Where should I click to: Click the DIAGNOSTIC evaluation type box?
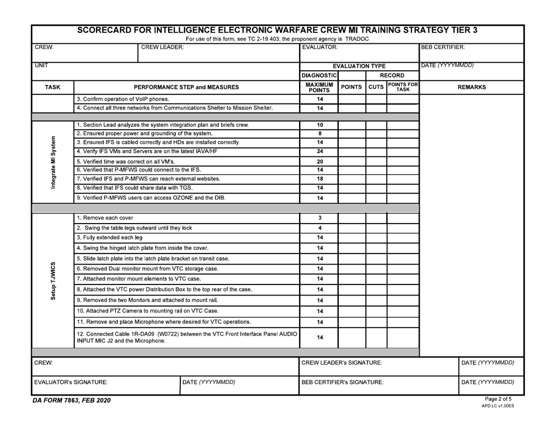tap(319, 75)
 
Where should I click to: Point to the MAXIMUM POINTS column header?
tap(319, 87)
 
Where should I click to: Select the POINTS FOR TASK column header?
tap(403, 87)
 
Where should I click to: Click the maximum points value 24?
tap(319, 152)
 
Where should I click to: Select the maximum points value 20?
tap(319, 162)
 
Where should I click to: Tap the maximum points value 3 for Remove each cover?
tap(319, 217)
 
